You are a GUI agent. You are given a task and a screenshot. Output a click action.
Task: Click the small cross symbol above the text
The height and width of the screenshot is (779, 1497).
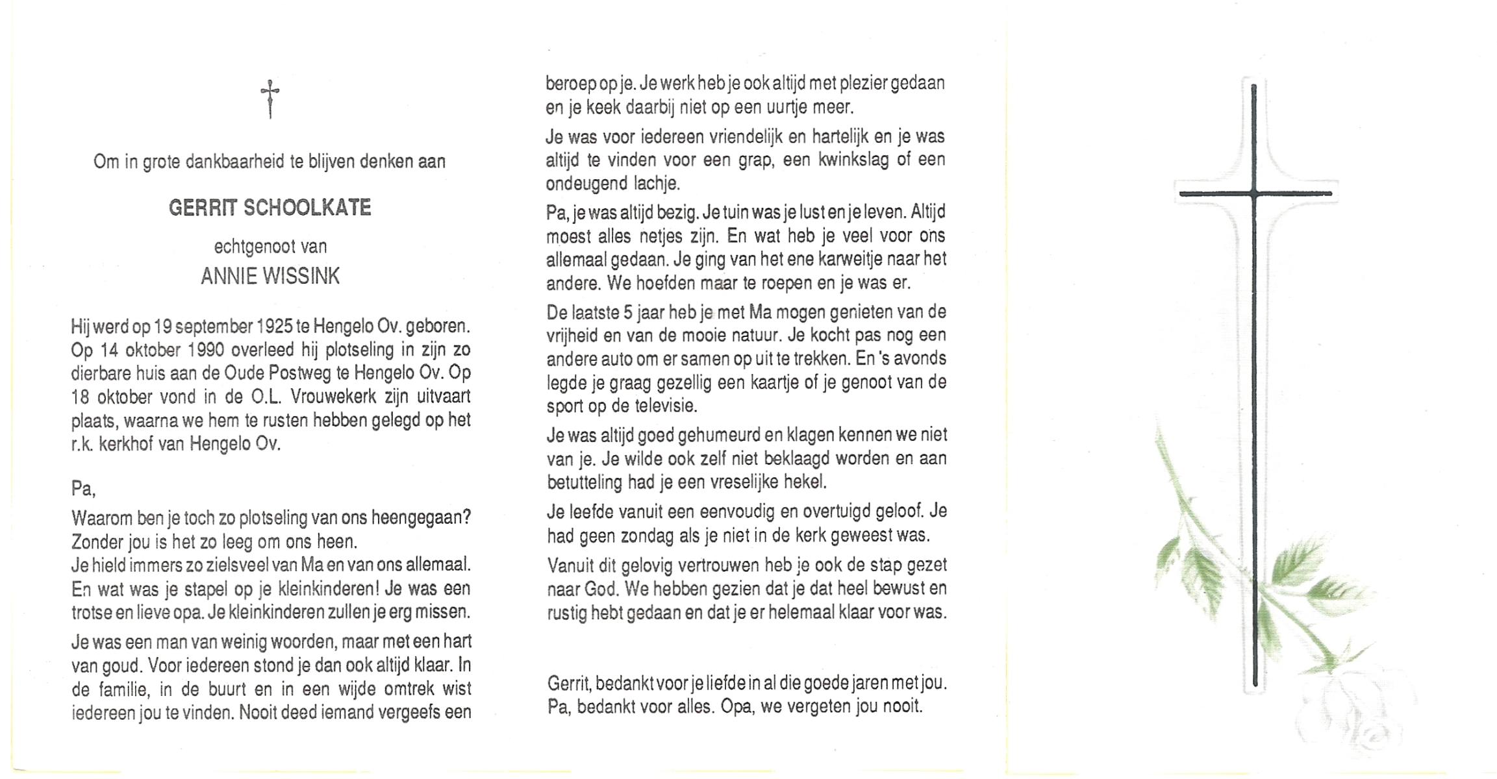(x=270, y=99)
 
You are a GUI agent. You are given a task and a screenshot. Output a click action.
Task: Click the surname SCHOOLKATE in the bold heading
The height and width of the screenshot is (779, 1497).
(x=307, y=208)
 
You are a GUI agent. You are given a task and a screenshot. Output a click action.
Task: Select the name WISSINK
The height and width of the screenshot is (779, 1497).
(x=300, y=277)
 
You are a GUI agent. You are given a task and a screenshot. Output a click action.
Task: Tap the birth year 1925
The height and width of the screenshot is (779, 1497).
(x=275, y=326)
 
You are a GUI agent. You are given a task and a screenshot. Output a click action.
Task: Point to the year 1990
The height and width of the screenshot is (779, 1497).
(x=205, y=350)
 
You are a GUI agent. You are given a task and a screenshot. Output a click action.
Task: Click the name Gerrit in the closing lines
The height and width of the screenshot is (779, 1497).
(x=568, y=683)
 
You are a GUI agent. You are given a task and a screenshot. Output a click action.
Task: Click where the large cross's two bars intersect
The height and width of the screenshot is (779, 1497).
(x=1254, y=193)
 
